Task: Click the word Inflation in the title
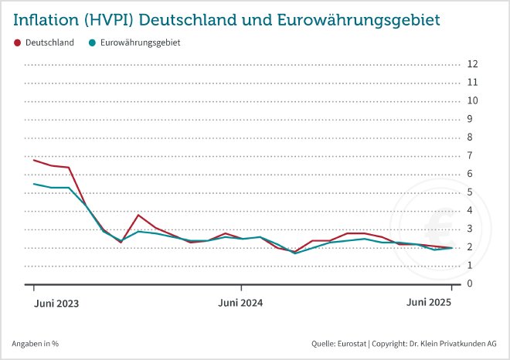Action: click(47, 17)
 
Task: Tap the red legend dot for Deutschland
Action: click(18, 42)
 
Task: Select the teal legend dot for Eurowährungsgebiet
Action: click(93, 42)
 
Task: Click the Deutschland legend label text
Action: click(49, 42)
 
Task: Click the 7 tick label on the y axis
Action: click(471, 155)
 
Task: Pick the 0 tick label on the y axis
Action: click(471, 284)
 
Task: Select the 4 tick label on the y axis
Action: click(471, 211)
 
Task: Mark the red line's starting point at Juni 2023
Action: click(34, 160)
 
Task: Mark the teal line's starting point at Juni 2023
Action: click(34, 184)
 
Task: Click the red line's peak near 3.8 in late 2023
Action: click(138, 215)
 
